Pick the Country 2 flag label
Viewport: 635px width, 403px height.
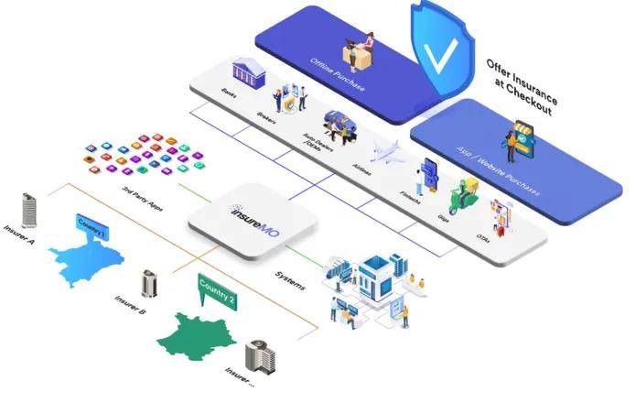point(218,290)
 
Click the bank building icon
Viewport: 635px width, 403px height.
point(248,71)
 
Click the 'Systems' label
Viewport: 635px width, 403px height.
point(291,278)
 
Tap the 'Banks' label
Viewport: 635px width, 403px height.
point(229,94)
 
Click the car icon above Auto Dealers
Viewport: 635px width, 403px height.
point(339,124)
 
